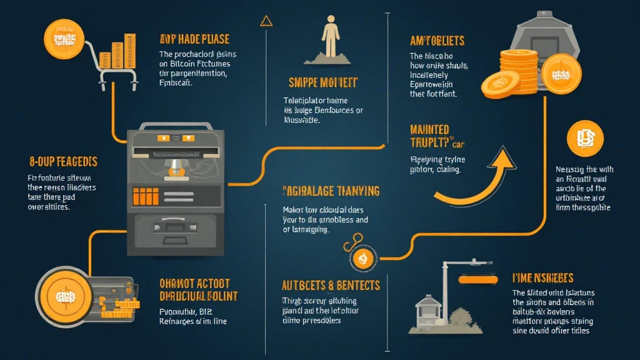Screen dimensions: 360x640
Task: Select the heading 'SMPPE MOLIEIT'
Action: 322,82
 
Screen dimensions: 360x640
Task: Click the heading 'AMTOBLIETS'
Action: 437,41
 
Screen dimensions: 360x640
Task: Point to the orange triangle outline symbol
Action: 266,21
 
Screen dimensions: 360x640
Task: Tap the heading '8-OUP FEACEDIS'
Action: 63,161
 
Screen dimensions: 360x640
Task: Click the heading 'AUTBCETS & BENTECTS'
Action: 331,285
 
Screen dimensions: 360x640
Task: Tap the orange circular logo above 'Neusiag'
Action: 585,138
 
